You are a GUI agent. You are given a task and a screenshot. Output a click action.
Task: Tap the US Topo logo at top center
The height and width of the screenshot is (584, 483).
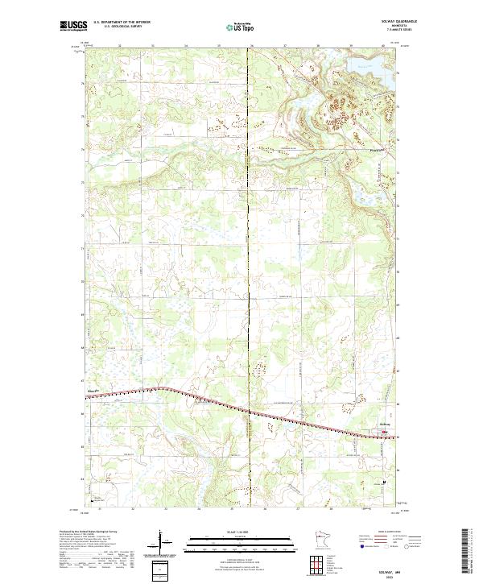click(x=242, y=27)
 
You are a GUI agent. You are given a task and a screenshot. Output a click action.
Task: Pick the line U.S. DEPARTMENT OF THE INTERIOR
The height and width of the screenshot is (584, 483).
click(x=121, y=23)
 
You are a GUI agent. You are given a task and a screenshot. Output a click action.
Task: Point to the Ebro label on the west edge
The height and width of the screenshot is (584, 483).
click(x=92, y=392)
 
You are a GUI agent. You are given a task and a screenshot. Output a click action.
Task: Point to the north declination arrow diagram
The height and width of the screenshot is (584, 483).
click(x=161, y=545)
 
